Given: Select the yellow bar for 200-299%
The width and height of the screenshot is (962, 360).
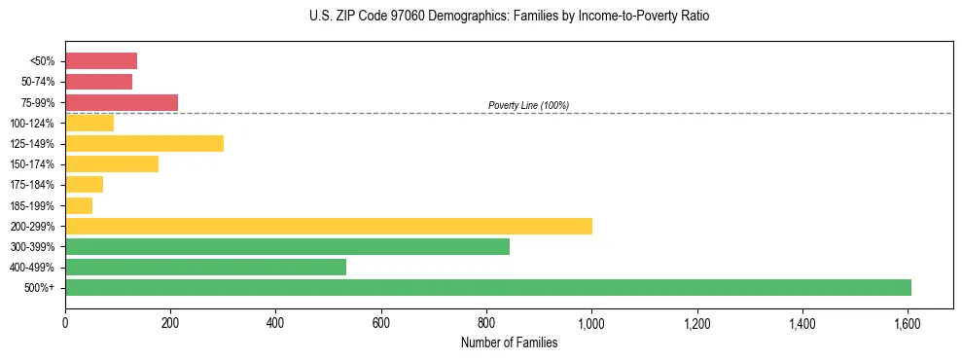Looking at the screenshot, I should click(x=329, y=227).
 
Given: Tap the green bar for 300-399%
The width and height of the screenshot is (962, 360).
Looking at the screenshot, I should click(x=287, y=247).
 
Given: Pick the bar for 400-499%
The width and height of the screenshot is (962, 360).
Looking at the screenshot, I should click(x=205, y=268).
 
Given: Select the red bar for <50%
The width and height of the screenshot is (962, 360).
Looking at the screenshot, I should click(x=101, y=61).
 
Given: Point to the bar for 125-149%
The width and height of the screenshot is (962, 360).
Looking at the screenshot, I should click(x=144, y=144).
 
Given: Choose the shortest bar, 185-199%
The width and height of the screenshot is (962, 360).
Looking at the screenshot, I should click(x=79, y=205).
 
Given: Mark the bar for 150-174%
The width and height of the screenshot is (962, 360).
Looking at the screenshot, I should click(x=112, y=164).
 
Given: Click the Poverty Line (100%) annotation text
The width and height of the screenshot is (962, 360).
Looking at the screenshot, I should click(x=528, y=105).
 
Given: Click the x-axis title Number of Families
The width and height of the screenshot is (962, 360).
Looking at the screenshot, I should click(x=509, y=342).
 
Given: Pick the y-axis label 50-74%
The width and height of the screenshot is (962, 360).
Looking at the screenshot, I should click(x=38, y=82).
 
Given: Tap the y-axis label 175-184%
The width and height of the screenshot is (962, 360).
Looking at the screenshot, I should click(x=34, y=185).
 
